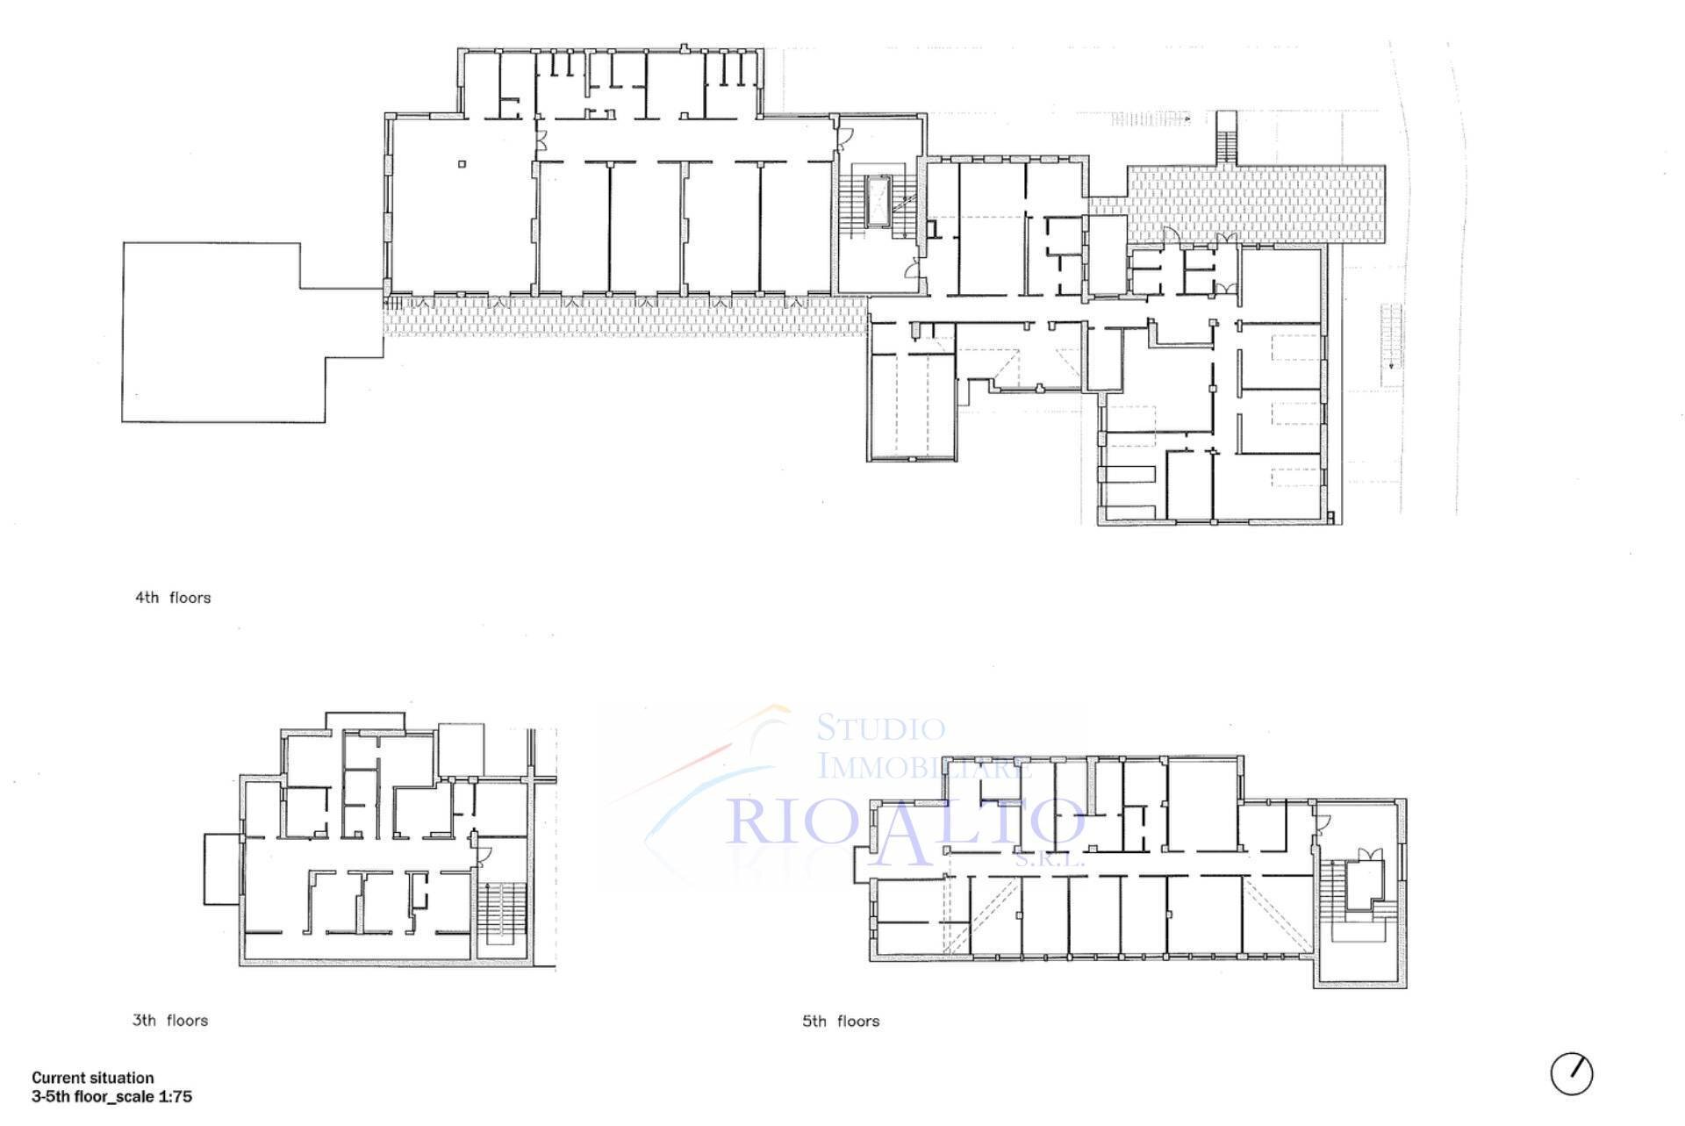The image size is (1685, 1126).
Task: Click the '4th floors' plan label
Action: point(173,598)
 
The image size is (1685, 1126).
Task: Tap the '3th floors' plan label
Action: point(170,1021)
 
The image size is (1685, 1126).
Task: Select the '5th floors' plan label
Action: point(841,1022)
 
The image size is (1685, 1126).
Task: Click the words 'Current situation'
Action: point(93,1078)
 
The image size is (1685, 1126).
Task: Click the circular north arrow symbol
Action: point(1572,1073)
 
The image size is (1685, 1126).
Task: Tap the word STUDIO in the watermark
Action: point(881,728)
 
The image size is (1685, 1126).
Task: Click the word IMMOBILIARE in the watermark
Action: point(924,765)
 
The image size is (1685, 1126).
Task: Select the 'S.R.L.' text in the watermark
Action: point(1050,862)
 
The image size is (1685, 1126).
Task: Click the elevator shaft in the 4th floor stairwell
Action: point(878,202)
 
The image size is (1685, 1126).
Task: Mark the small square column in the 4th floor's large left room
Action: point(462,163)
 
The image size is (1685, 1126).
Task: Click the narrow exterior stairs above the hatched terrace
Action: point(1226,137)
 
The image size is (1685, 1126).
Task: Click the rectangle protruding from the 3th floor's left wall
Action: point(221,869)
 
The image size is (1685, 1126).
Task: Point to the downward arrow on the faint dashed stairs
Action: point(1391,365)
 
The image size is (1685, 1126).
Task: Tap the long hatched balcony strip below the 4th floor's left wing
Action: point(625,316)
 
